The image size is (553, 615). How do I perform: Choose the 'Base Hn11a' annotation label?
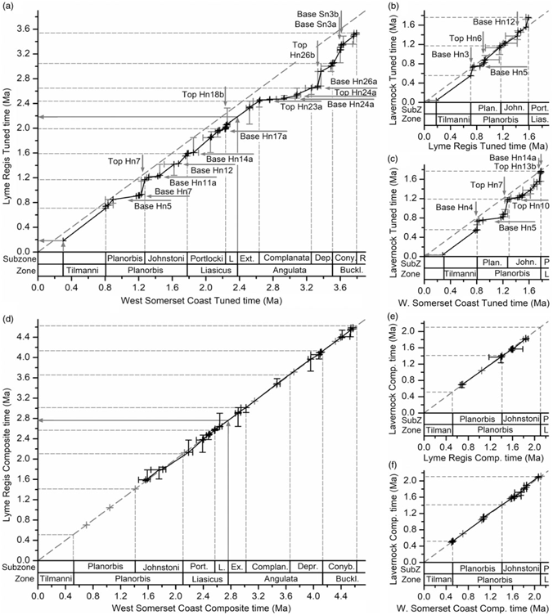(x=194, y=182)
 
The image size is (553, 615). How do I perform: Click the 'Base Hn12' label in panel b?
(x=493, y=22)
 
